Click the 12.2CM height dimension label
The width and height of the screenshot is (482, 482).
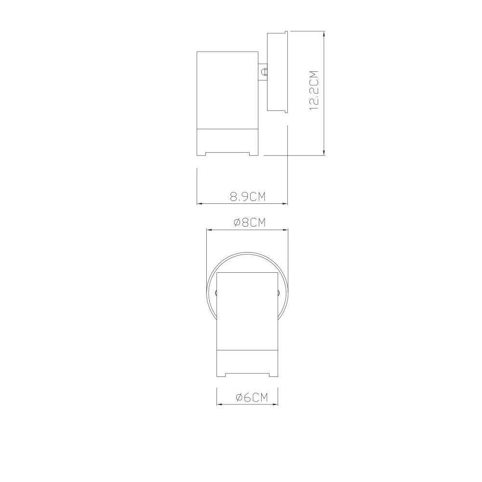[x=314, y=91]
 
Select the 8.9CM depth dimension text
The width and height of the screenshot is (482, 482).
[x=248, y=197]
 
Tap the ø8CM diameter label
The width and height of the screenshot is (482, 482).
[x=249, y=222]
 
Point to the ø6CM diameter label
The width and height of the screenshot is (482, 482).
[x=252, y=398]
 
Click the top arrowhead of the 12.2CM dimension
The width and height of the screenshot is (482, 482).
[x=324, y=34]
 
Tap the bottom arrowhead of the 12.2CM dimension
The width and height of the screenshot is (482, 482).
[x=324, y=152]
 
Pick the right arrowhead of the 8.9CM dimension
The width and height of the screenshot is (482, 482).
[x=284, y=203]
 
